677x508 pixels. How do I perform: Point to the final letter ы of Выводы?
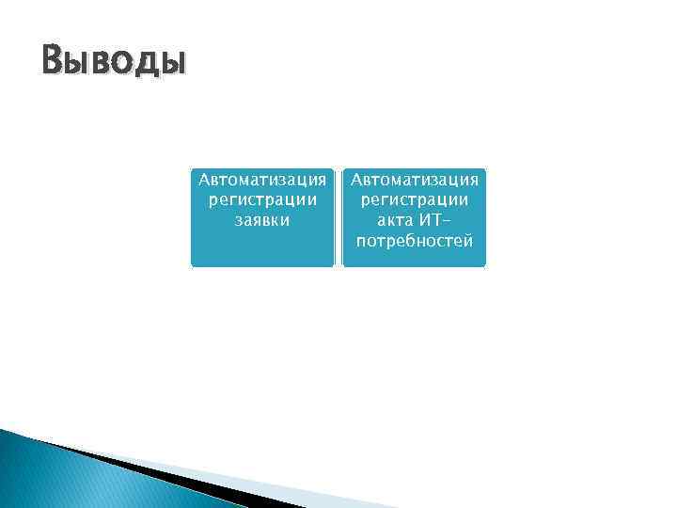pos(174,63)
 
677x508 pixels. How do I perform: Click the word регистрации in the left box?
pos(262,199)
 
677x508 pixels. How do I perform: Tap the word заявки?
pos(262,220)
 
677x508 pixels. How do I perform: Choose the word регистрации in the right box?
pos(415,199)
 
